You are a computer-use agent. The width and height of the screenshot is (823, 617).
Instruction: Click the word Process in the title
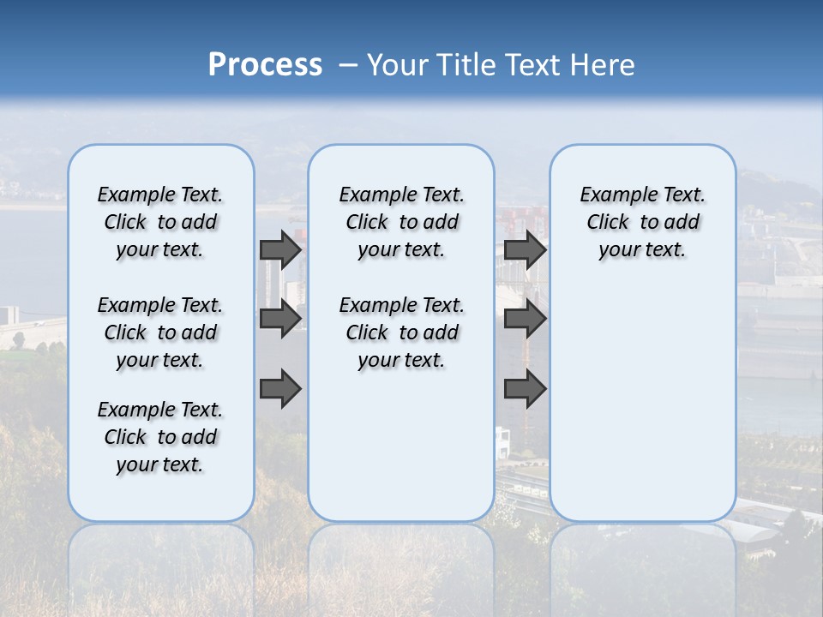(x=265, y=64)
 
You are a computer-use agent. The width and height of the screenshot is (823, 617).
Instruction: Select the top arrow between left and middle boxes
(x=280, y=249)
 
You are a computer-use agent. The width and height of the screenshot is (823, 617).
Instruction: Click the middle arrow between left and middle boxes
(x=280, y=319)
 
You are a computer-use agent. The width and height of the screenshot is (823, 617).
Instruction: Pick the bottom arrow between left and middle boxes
(x=280, y=389)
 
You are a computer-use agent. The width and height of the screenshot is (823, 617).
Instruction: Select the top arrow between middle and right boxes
(x=525, y=249)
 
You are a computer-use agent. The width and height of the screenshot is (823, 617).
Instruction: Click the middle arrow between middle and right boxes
(x=525, y=319)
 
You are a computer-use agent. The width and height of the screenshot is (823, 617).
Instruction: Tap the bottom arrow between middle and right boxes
(x=525, y=389)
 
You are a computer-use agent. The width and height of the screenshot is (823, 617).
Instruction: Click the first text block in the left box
(x=160, y=222)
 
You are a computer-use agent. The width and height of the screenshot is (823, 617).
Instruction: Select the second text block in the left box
(x=160, y=332)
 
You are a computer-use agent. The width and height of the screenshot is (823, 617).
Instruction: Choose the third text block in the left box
(x=160, y=437)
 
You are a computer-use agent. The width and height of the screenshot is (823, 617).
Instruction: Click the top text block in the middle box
(x=401, y=222)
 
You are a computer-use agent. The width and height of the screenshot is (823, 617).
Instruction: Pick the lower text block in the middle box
(x=401, y=332)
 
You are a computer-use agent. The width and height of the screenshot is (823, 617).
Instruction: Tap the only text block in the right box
(x=642, y=222)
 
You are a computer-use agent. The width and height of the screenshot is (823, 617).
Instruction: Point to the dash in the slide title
(x=348, y=65)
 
